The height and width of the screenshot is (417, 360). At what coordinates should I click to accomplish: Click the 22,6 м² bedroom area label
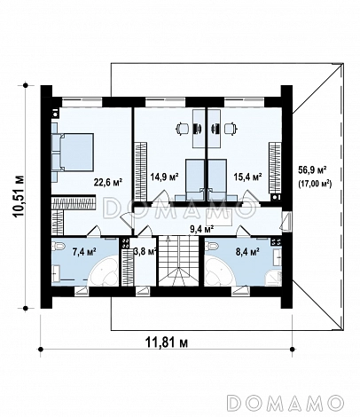click(x=108, y=183)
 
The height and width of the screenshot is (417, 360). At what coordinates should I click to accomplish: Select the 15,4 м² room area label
click(x=247, y=177)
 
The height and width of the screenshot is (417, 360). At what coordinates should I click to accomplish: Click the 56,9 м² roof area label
click(x=313, y=170)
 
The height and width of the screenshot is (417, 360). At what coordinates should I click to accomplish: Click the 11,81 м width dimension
click(x=167, y=342)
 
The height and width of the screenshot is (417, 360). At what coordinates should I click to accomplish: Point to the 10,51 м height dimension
click(x=19, y=197)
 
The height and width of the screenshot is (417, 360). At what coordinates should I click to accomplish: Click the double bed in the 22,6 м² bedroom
click(x=73, y=152)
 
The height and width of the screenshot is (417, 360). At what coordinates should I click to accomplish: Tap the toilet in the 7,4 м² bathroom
click(x=59, y=245)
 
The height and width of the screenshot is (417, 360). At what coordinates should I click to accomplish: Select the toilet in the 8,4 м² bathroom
click(x=214, y=245)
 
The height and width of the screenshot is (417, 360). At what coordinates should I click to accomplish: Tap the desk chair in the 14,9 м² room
click(x=183, y=128)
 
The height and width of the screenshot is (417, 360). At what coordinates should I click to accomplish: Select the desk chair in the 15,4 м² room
click(x=231, y=128)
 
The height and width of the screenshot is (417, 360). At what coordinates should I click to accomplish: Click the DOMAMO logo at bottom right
click(x=286, y=403)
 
